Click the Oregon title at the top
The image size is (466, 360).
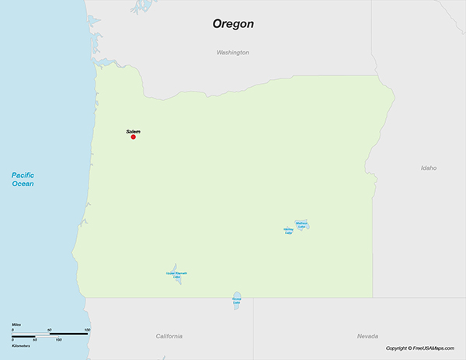tap(233, 24)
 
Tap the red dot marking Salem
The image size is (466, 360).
tap(133, 137)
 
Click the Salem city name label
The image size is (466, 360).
tap(133, 131)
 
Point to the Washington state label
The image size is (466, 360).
tap(233, 52)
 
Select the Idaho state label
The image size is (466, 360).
tap(428, 168)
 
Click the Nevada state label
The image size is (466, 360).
tap(367, 336)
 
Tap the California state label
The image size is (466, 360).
tap(169, 336)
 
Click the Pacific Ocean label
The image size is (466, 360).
tap(23, 180)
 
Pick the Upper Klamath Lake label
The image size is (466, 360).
tap(176, 275)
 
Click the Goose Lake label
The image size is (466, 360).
tap(236, 300)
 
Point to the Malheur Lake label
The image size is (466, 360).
tap(302, 224)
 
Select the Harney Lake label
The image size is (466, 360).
tap(288, 230)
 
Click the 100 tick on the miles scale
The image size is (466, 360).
tap(87, 330)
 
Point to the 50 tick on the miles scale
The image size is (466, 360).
tap(50, 330)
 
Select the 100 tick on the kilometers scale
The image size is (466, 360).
tap(58, 340)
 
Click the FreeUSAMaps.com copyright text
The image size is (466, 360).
tap(423, 348)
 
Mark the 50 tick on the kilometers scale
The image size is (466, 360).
tap(35, 340)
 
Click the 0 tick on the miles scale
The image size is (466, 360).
tap(12, 330)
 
